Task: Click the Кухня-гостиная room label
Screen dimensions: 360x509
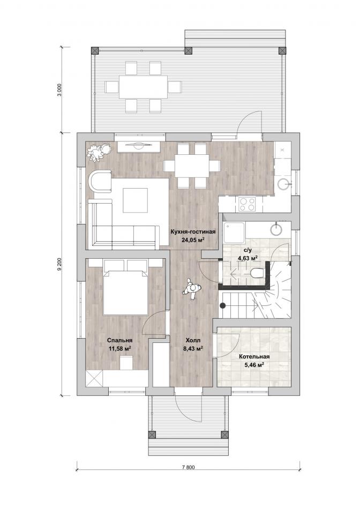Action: (193, 232)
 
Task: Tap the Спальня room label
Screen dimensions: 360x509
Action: (120, 340)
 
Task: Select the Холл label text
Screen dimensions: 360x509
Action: (193, 340)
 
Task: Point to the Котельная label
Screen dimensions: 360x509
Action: (254, 356)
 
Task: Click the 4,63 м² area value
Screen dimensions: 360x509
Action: (247, 258)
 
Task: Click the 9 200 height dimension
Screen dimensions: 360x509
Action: (59, 264)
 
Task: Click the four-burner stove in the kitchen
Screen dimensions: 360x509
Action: (247, 204)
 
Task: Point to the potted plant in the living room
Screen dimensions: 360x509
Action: (99, 152)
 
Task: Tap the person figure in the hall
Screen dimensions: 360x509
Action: (192, 289)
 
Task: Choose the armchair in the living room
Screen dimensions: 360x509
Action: (100, 183)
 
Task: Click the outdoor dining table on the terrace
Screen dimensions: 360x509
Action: (143, 87)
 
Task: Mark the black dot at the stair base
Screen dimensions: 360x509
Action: (223, 305)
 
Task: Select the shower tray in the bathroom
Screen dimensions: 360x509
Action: (234, 232)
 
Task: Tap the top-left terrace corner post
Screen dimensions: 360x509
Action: (94, 51)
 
